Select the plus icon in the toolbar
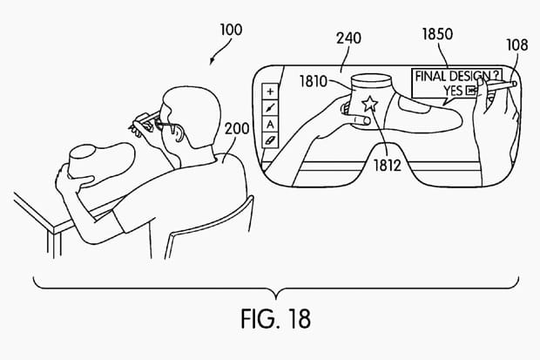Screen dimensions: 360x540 click(x=270, y=91)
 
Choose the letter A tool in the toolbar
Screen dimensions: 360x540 click(x=270, y=123)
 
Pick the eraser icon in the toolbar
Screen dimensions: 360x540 click(x=270, y=139)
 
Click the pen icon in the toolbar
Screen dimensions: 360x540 click(x=270, y=106)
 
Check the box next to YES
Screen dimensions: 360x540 click(x=471, y=90)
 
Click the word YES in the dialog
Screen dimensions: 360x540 click(x=451, y=90)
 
